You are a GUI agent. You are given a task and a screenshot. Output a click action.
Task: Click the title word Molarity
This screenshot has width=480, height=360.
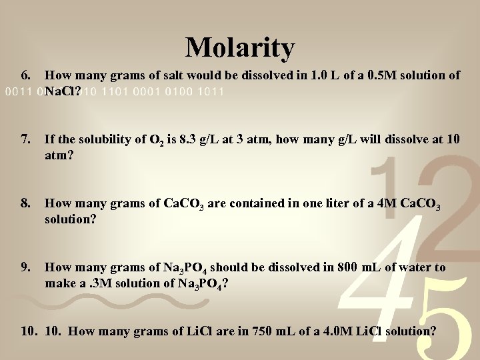[x=240, y=47]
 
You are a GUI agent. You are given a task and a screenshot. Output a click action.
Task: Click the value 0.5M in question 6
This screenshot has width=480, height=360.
[x=389, y=76]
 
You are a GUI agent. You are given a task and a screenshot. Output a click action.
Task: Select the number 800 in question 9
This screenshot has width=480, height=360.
[x=345, y=267]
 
